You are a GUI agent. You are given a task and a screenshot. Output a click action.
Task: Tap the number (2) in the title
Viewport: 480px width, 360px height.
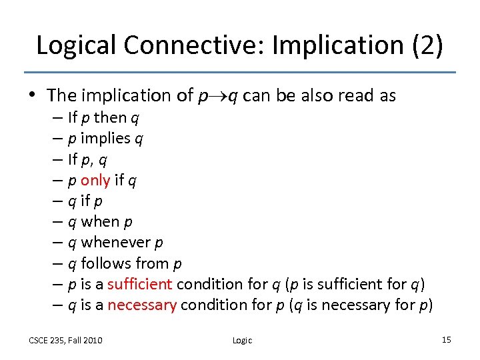click(x=422, y=45)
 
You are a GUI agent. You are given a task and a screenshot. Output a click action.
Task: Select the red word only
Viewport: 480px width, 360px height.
click(x=95, y=180)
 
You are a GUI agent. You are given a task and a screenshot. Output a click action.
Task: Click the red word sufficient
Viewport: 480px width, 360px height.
click(x=140, y=284)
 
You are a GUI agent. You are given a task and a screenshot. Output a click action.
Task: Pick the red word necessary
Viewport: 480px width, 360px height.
click(x=142, y=305)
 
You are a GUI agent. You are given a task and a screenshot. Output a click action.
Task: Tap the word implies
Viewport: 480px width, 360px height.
click(x=105, y=139)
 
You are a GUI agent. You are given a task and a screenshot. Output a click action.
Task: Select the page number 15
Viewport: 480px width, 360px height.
click(x=446, y=340)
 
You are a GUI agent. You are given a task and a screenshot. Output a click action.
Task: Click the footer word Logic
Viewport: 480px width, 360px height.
click(x=242, y=341)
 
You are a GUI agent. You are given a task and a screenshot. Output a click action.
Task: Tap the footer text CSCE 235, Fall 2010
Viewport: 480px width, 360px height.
click(x=65, y=341)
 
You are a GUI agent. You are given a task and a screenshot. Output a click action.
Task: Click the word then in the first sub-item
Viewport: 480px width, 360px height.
click(x=110, y=118)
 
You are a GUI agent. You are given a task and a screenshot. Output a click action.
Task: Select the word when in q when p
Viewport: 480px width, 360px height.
click(x=100, y=221)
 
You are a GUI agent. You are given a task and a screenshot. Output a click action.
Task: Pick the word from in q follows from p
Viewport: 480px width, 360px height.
click(x=151, y=263)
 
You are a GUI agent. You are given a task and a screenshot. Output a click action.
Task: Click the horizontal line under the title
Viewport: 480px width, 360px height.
click(x=240, y=72)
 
